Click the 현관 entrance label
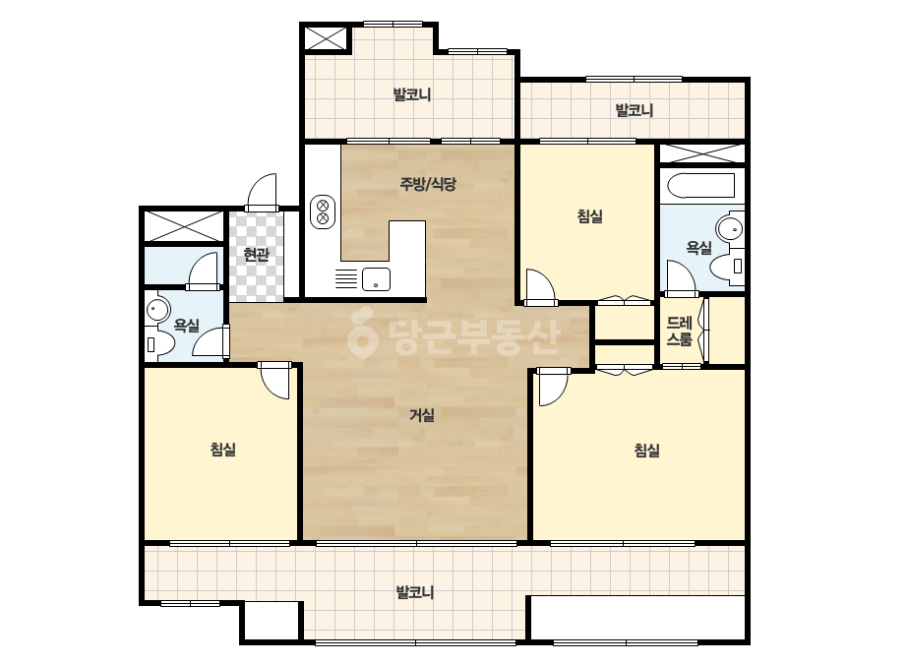coord(256,255)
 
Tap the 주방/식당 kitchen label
coord(428,184)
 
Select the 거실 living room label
coord(422,415)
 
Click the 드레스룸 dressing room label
coord(680,331)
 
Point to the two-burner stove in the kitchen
coord(323,212)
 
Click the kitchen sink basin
coord(376,279)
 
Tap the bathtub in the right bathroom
coord(700,186)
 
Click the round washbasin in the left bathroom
coord(156,310)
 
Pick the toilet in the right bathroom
coord(726,267)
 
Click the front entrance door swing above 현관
coord(261,192)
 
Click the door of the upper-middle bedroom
coord(540,286)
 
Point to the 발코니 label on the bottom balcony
coord(414,592)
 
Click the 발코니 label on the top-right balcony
coord(635,110)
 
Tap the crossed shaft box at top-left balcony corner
coord(326,38)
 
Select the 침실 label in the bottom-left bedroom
coord(223,449)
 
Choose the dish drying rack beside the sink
coord(346,279)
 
